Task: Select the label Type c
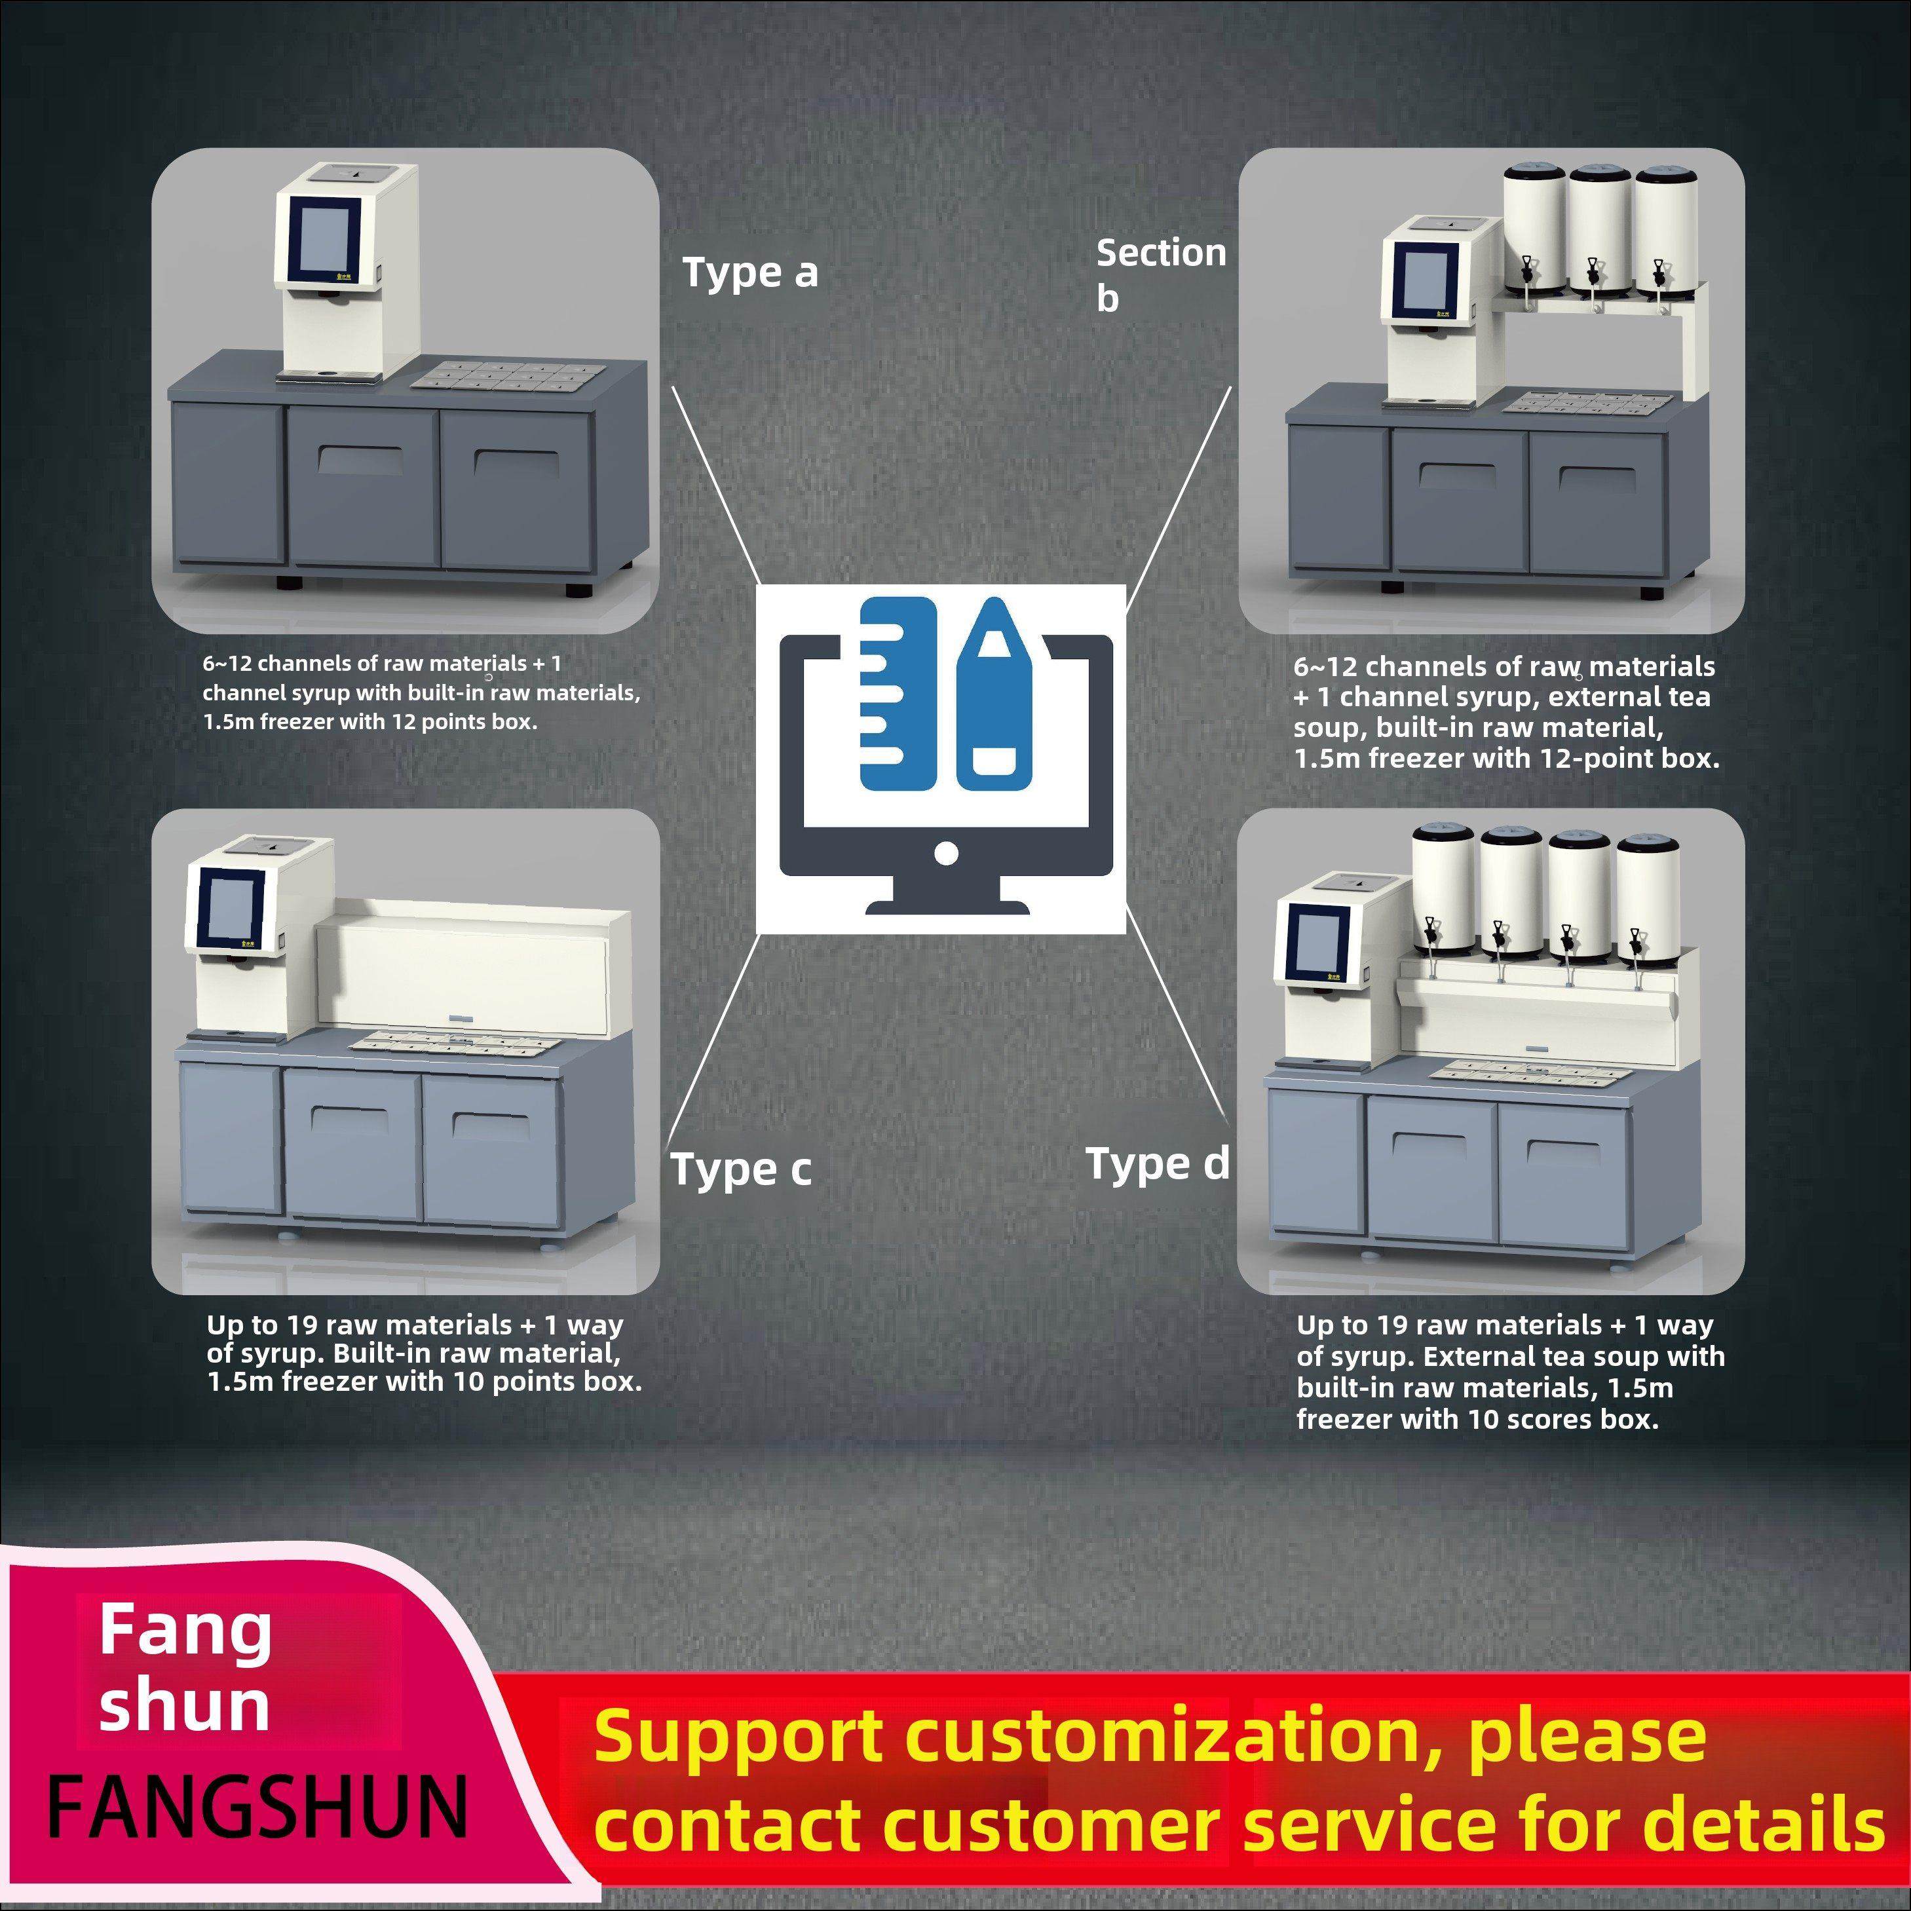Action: (x=741, y=1169)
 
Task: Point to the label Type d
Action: (x=1156, y=1164)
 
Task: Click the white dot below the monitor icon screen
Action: (x=945, y=852)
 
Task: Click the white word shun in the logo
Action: (x=184, y=1708)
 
